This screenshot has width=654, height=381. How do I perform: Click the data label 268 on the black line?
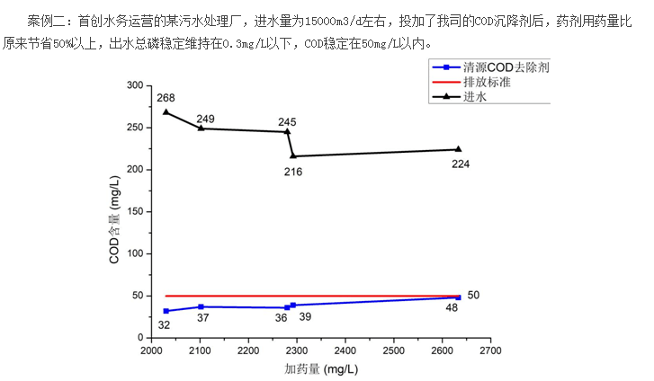coord(166,98)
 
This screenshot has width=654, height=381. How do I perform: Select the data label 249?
coord(205,119)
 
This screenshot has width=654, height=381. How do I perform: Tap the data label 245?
coord(287,121)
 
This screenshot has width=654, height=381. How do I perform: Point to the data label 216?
coord(293,171)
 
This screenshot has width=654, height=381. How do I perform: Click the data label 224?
coord(460,164)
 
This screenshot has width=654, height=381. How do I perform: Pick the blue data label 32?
coord(165,324)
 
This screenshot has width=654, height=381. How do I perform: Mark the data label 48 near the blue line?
coord(452,308)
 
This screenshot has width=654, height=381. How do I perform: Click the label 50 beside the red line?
coord(474,295)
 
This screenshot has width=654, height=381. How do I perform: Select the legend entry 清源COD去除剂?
coord(506,67)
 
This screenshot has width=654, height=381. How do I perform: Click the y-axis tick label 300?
coord(134,85)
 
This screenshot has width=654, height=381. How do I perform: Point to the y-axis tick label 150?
coord(134,211)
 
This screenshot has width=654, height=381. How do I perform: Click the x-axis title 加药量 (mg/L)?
coord(320,369)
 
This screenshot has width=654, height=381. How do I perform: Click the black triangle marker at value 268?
coord(166,112)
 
